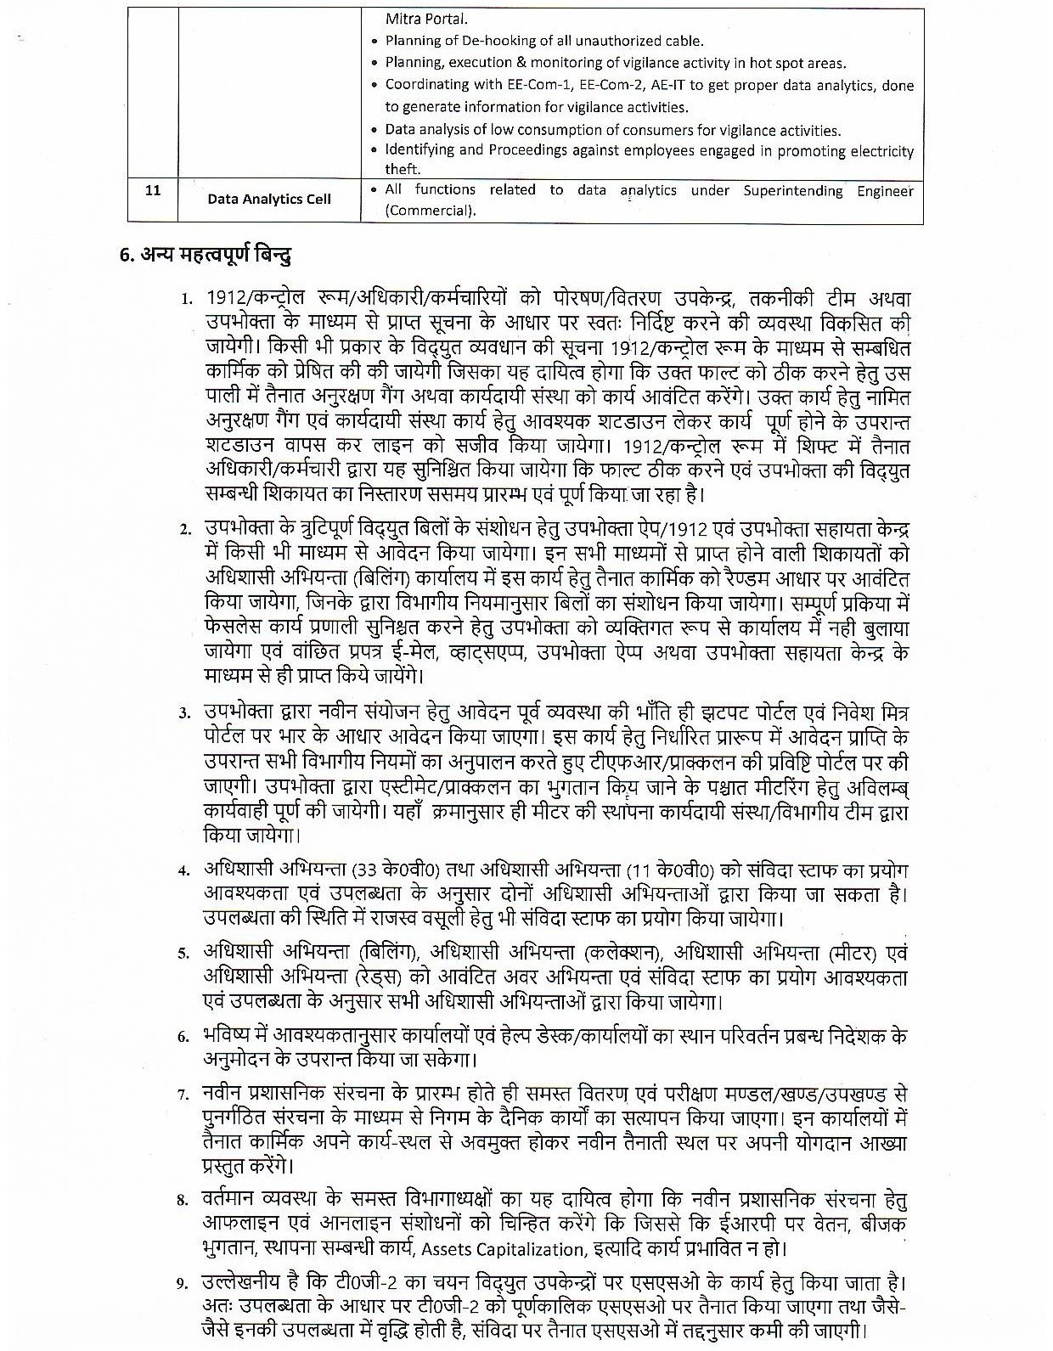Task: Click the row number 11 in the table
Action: (153, 191)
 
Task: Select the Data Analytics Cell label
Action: (269, 200)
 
